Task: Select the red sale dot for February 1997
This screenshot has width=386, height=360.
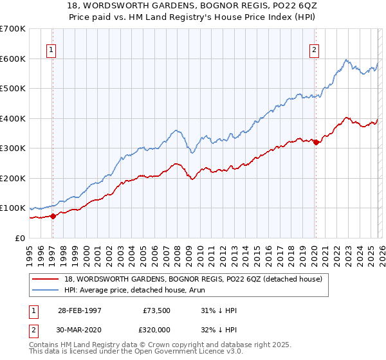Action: point(53,216)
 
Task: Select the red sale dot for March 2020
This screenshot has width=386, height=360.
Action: point(316,143)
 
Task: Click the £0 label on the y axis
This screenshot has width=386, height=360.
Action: point(21,238)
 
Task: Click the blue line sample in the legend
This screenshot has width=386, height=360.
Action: point(46,290)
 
